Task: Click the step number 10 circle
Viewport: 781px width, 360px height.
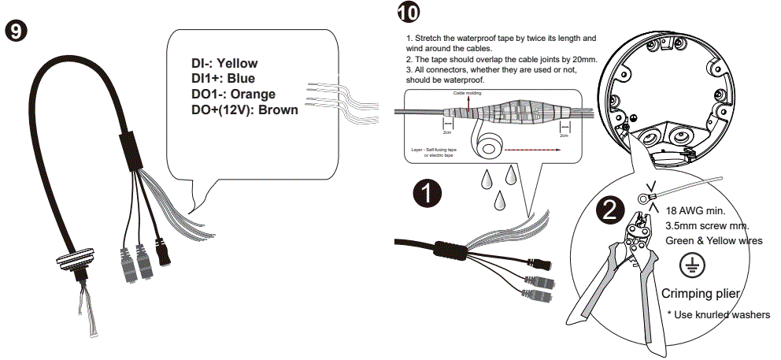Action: tap(409, 13)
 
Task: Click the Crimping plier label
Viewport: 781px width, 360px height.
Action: tap(701, 294)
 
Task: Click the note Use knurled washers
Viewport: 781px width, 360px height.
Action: tap(719, 315)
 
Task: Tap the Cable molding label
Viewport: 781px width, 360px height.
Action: tap(468, 93)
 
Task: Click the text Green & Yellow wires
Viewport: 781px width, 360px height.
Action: tap(714, 240)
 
